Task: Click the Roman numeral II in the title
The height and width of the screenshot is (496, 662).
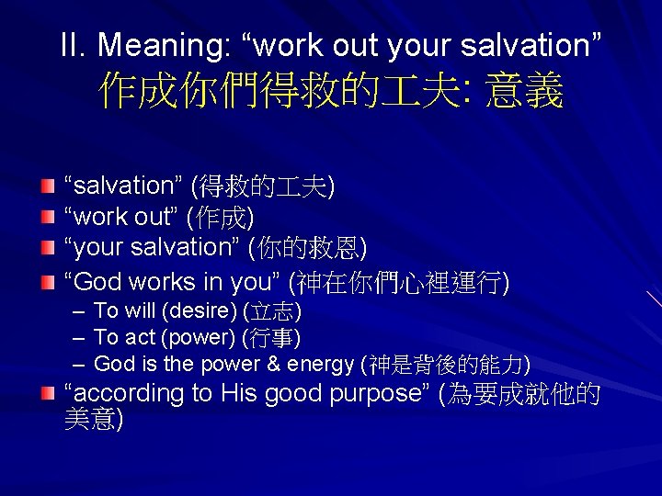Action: pyautogui.click(x=73, y=44)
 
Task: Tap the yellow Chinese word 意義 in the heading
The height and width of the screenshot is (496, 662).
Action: pyautogui.click(x=524, y=93)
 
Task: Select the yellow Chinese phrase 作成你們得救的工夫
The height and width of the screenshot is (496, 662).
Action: pyautogui.click(x=284, y=93)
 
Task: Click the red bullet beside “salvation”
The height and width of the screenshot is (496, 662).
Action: pyautogui.click(x=48, y=186)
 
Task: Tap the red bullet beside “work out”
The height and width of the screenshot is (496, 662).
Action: pyautogui.click(x=48, y=218)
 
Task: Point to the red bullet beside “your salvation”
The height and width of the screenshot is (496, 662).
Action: pyautogui.click(x=48, y=248)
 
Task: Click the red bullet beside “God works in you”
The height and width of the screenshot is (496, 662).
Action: pyautogui.click(x=48, y=280)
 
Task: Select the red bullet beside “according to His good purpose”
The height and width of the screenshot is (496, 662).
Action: pyautogui.click(x=48, y=393)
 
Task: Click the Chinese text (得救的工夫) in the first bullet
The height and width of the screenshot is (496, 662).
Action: pyautogui.click(x=262, y=186)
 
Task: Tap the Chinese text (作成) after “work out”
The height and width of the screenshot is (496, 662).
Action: pyautogui.click(x=220, y=218)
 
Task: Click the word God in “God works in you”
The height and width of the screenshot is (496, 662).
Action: pyautogui.click(x=96, y=281)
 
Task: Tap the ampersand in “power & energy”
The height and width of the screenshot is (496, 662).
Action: pyautogui.click(x=273, y=364)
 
